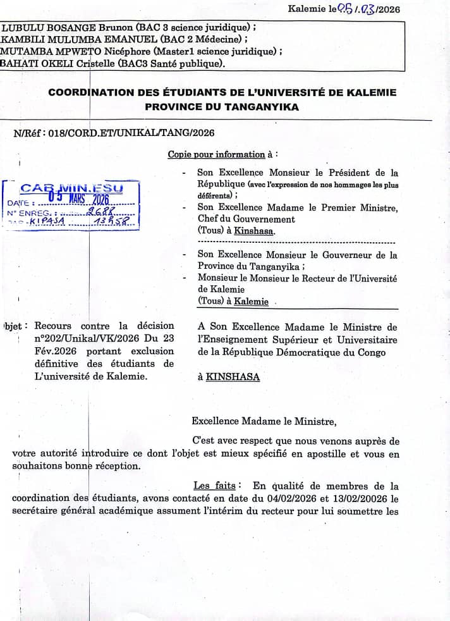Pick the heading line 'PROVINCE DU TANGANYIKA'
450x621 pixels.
pos(222,107)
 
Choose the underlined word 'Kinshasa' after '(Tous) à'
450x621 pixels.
pos(254,231)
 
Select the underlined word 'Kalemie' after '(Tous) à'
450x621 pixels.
pos(251,302)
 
